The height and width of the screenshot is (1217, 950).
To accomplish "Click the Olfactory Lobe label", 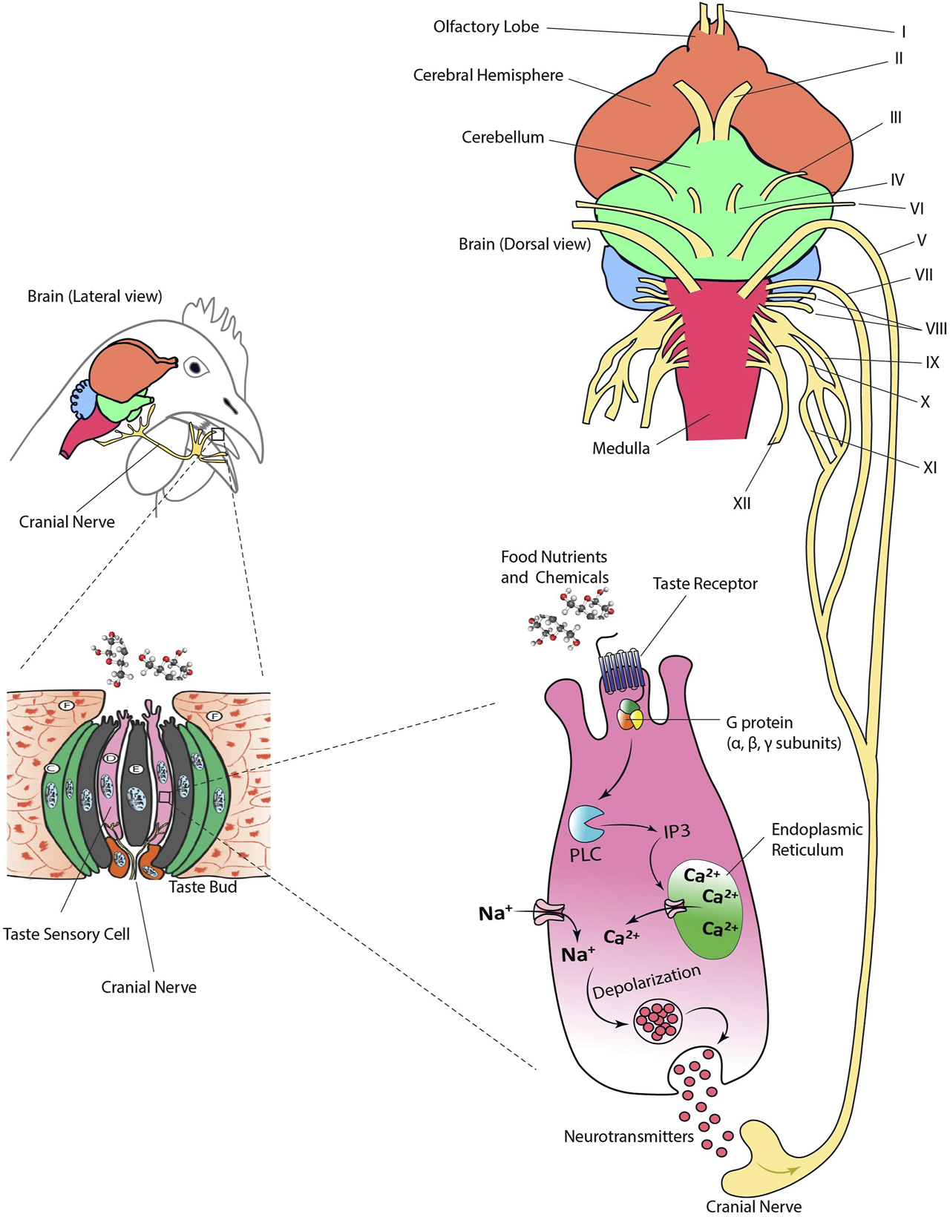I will (486, 27).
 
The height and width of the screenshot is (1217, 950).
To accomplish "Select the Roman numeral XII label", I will (741, 503).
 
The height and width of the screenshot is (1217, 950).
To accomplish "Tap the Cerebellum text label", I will (502, 137).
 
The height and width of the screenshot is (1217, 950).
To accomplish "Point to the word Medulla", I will (620, 448).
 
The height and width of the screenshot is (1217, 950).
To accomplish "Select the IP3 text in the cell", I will (677, 830).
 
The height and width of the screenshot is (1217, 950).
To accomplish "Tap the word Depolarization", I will (646, 982).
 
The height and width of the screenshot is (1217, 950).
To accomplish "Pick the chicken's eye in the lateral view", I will (195, 367).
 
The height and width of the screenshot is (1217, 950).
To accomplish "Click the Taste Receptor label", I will (705, 584).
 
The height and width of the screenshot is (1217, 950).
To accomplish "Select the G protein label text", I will (759, 722).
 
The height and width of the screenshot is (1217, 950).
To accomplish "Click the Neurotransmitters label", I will (629, 1136).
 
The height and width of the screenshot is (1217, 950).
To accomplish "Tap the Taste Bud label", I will (203, 887).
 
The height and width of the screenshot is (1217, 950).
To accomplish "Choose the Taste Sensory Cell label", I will (66, 934).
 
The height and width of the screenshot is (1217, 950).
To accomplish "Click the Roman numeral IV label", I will (897, 180).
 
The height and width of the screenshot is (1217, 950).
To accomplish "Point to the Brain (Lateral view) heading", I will (94, 296).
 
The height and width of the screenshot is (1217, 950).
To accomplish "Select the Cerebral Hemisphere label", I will (488, 76).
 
